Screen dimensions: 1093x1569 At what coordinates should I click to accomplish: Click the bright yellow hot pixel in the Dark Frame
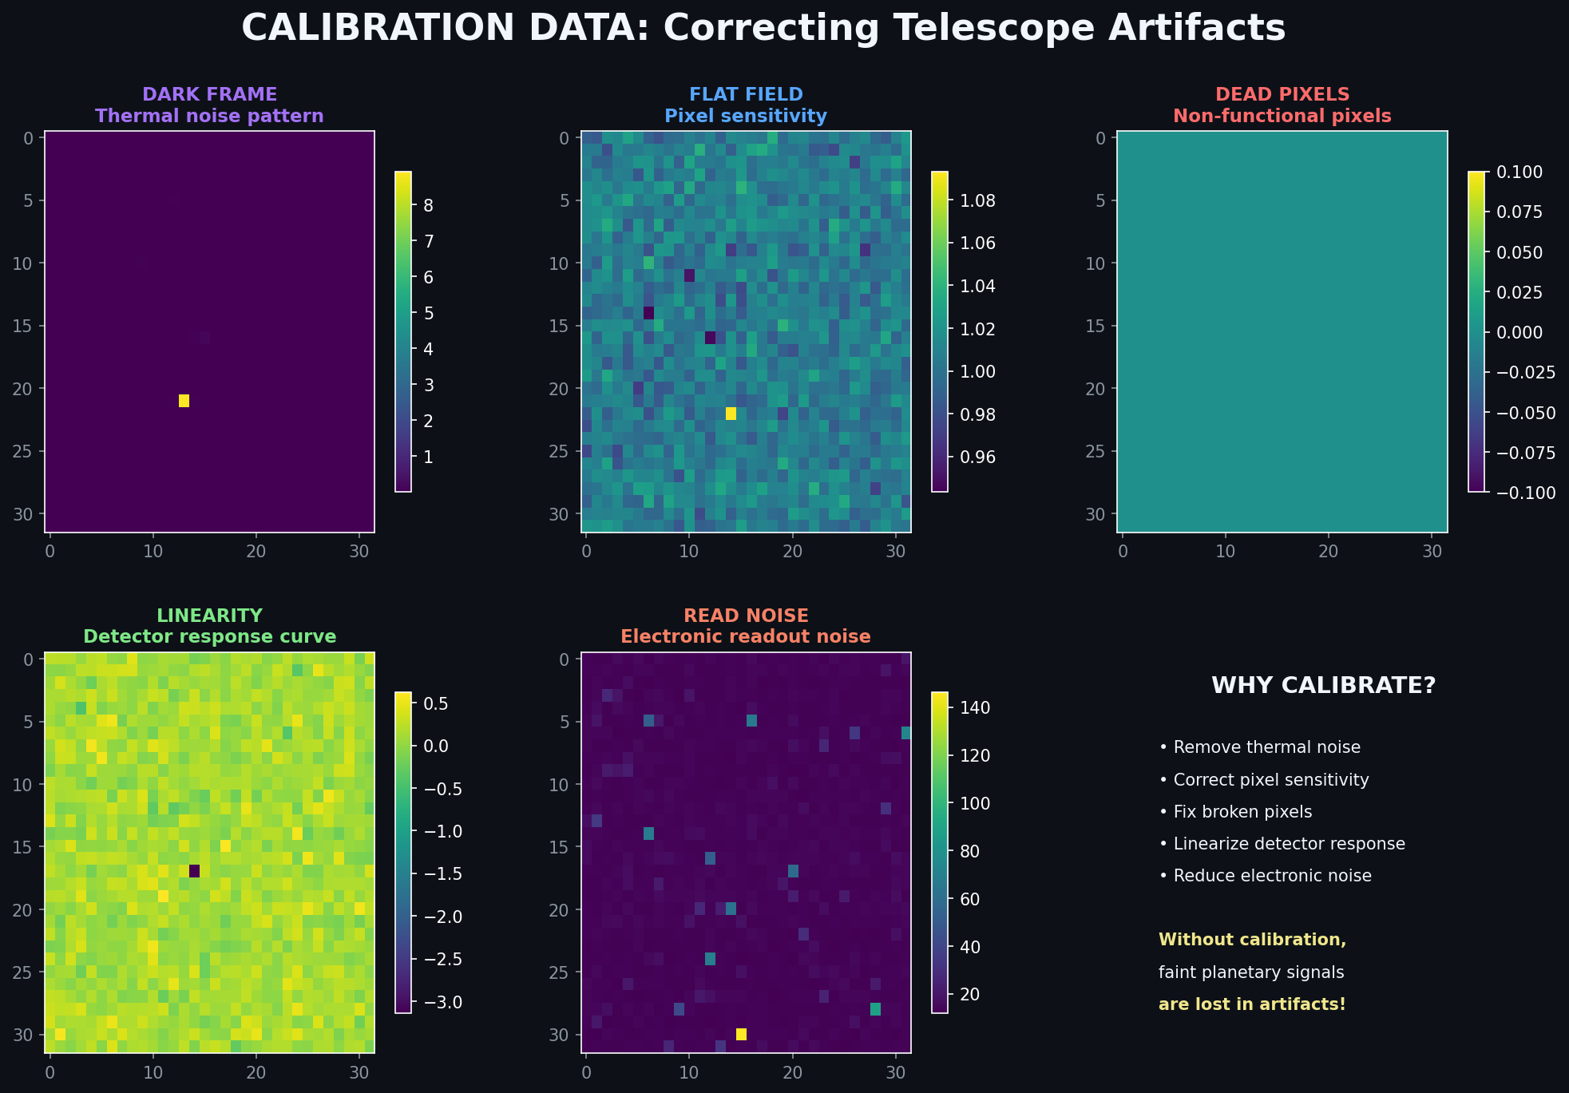[184, 401]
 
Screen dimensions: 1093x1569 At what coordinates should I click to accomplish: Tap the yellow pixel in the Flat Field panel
[731, 414]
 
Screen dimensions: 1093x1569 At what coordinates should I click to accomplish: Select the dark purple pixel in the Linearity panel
[194, 871]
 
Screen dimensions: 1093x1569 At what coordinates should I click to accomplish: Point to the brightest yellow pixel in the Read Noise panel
[741, 1034]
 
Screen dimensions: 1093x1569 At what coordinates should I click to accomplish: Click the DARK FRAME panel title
[209, 94]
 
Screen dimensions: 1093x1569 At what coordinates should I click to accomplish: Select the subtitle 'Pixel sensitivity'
[746, 116]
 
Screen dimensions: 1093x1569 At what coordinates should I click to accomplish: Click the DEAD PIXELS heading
[1282, 94]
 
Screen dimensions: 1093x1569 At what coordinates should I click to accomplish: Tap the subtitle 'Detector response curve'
[209, 636]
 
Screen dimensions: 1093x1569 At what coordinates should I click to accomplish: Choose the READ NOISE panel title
[746, 616]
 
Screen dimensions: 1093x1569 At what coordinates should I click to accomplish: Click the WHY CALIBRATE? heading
[1323, 686]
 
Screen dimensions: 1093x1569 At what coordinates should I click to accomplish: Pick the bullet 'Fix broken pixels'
[1235, 812]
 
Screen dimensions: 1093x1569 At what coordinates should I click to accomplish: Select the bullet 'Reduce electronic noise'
[1265, 876]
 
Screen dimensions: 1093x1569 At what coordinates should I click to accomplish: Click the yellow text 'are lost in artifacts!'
[1251, 1004]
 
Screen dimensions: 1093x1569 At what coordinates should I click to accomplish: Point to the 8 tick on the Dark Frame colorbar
[428, 206]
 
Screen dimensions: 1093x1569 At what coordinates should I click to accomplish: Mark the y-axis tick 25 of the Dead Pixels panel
[1100, 452]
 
